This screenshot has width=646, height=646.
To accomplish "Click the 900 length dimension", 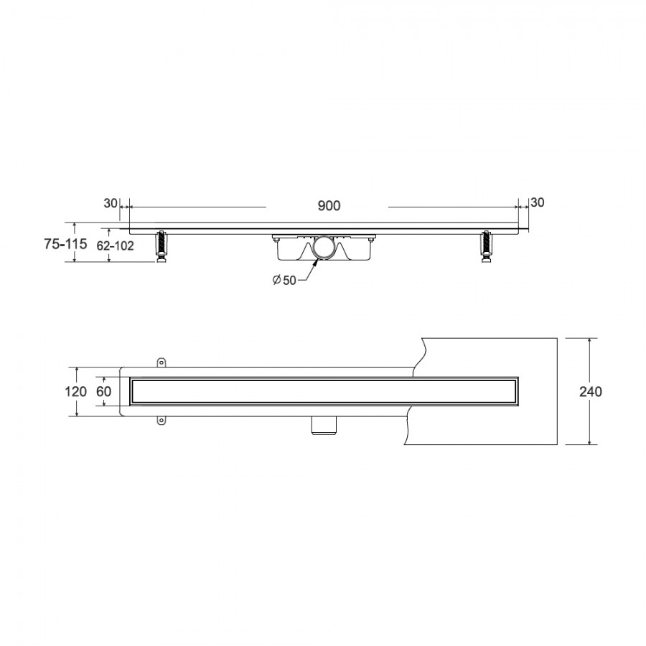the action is (x=329, y=205).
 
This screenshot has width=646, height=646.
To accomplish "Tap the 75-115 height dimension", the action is (x=65, y=244).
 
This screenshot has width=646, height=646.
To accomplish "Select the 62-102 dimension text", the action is (x=115, y=246).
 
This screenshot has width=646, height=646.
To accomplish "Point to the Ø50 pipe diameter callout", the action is (x=284, y=280).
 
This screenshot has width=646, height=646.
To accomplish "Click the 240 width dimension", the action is (x=591, y=391).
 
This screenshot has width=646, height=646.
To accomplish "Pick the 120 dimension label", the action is (x=75, y=391).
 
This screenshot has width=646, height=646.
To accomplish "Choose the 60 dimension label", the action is (x=104, y=391).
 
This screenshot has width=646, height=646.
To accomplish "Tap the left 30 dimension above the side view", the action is (x=111, y=204).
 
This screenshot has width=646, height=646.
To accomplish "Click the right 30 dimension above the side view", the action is (x=537, y=202).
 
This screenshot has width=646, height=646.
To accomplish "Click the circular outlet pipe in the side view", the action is (x=324, y=248).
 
